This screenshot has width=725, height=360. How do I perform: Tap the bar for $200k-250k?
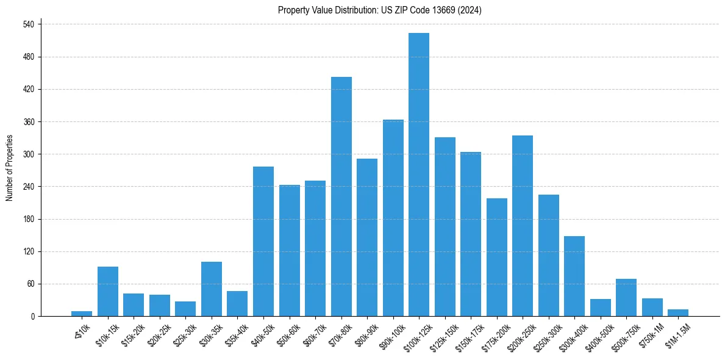coord(523,226)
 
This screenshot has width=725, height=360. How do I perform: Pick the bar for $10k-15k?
coord(108,292)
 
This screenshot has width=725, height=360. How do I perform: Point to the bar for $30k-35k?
coord(212,289)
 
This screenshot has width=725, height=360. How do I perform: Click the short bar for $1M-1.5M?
coord(678,313)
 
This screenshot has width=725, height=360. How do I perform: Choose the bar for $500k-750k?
coord(626,298)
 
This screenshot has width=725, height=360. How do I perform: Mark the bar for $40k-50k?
coord(263,242)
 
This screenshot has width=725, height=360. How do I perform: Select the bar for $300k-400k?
coord(574,276)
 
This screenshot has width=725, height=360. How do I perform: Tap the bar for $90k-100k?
coord(393,218)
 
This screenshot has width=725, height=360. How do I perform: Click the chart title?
coord(379,10)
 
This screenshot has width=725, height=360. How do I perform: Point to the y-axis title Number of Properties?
coord(10,168)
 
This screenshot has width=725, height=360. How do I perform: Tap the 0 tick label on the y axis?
coord(33,317)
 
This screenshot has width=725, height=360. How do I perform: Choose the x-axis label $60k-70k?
coord(315,335)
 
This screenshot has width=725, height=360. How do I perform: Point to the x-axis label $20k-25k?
coord(159,335)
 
